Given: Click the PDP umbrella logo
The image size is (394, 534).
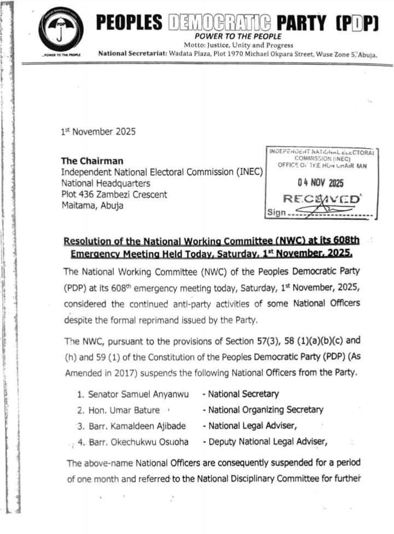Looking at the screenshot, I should point(61,31).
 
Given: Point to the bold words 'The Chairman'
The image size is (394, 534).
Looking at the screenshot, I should point(92,161).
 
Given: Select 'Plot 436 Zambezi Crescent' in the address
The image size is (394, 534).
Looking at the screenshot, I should point(114,194).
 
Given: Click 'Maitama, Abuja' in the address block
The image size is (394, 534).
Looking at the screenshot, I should point(92,206).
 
